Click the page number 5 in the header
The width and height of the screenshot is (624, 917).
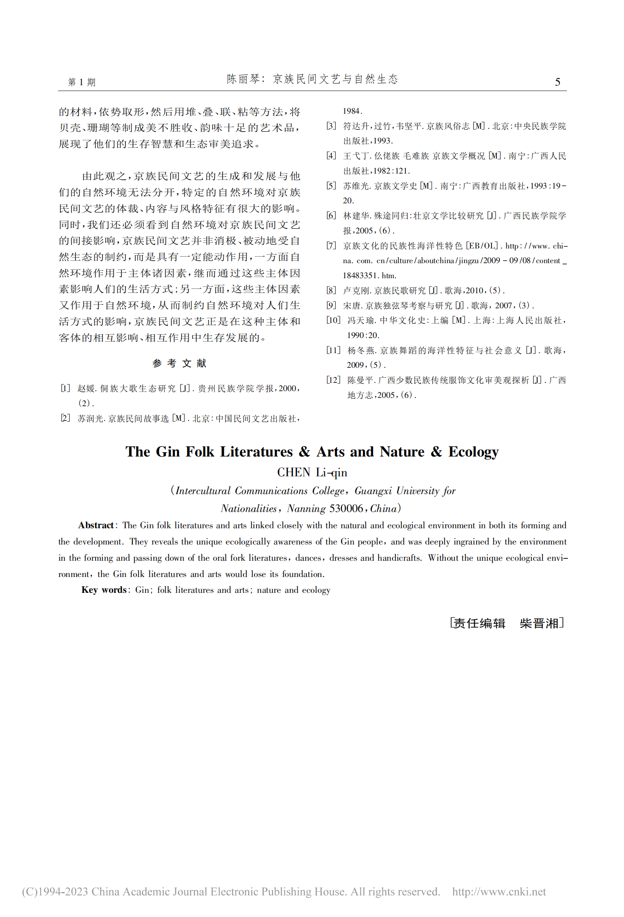click(557, 82)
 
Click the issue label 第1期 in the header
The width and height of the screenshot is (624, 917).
click(82, 82)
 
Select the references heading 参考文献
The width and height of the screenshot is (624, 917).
click(179, 363)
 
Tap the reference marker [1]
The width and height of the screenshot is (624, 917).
click(65, 388)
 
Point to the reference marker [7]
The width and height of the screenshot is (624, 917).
click(331, 246)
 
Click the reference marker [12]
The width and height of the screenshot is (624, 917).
click(333, 380)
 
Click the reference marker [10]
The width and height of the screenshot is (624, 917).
click(333, 320)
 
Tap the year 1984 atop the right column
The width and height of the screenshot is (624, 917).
click(352, 111)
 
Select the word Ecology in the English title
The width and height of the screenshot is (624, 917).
click(473, 452)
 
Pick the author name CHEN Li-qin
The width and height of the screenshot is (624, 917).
click(312, 472)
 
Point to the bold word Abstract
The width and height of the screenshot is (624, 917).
click(96, 525)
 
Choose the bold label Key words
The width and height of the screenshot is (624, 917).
click(103, 590)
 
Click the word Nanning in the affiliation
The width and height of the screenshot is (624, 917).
click(306, 508)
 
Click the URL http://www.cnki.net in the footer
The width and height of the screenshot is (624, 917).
click(499, 892)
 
